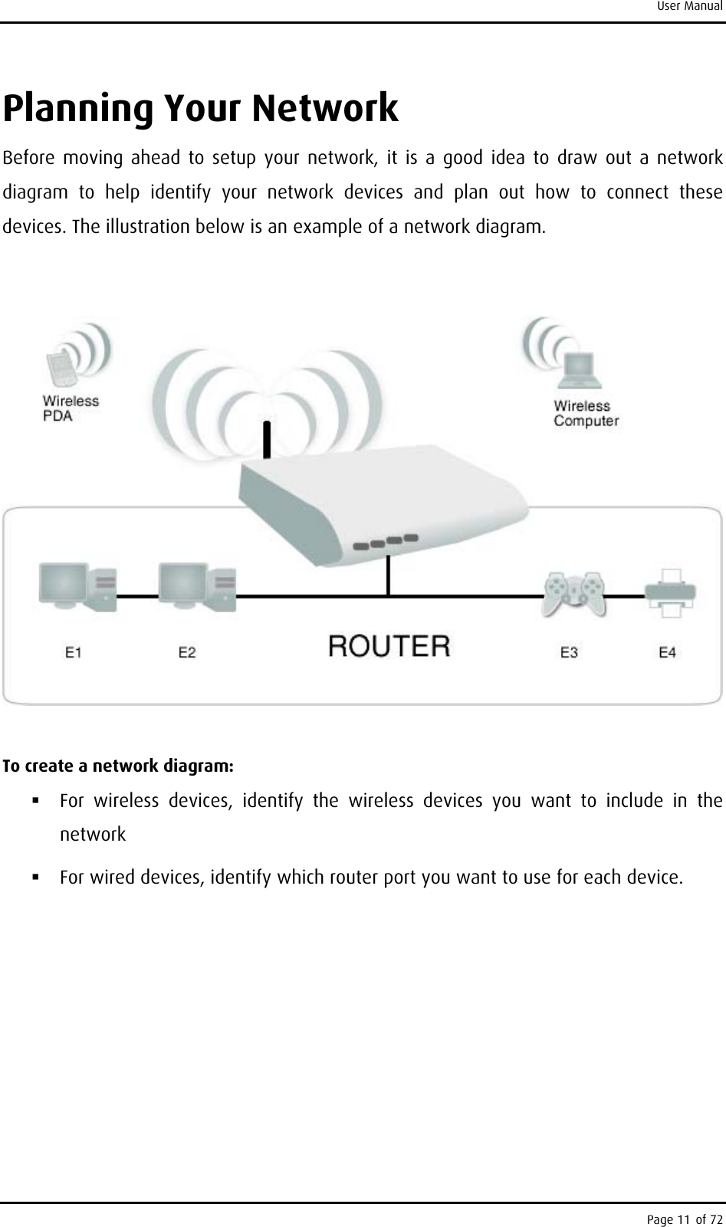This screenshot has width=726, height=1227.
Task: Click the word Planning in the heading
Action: pos(76,110)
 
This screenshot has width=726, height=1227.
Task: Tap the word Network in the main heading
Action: pos(325,108)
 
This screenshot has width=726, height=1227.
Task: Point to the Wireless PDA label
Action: pos(70,408)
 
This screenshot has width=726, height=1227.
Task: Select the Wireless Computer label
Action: pos(586,413)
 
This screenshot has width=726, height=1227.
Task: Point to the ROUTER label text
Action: pos(389,645)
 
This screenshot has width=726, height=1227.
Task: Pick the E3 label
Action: pos(569,652)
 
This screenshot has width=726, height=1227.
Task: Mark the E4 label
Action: pos(668,652)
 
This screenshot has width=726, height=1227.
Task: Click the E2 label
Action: pos(187,652)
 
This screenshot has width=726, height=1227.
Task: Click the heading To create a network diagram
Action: pos(120,766)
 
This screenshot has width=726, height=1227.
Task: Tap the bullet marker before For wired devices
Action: pos(36,875)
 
